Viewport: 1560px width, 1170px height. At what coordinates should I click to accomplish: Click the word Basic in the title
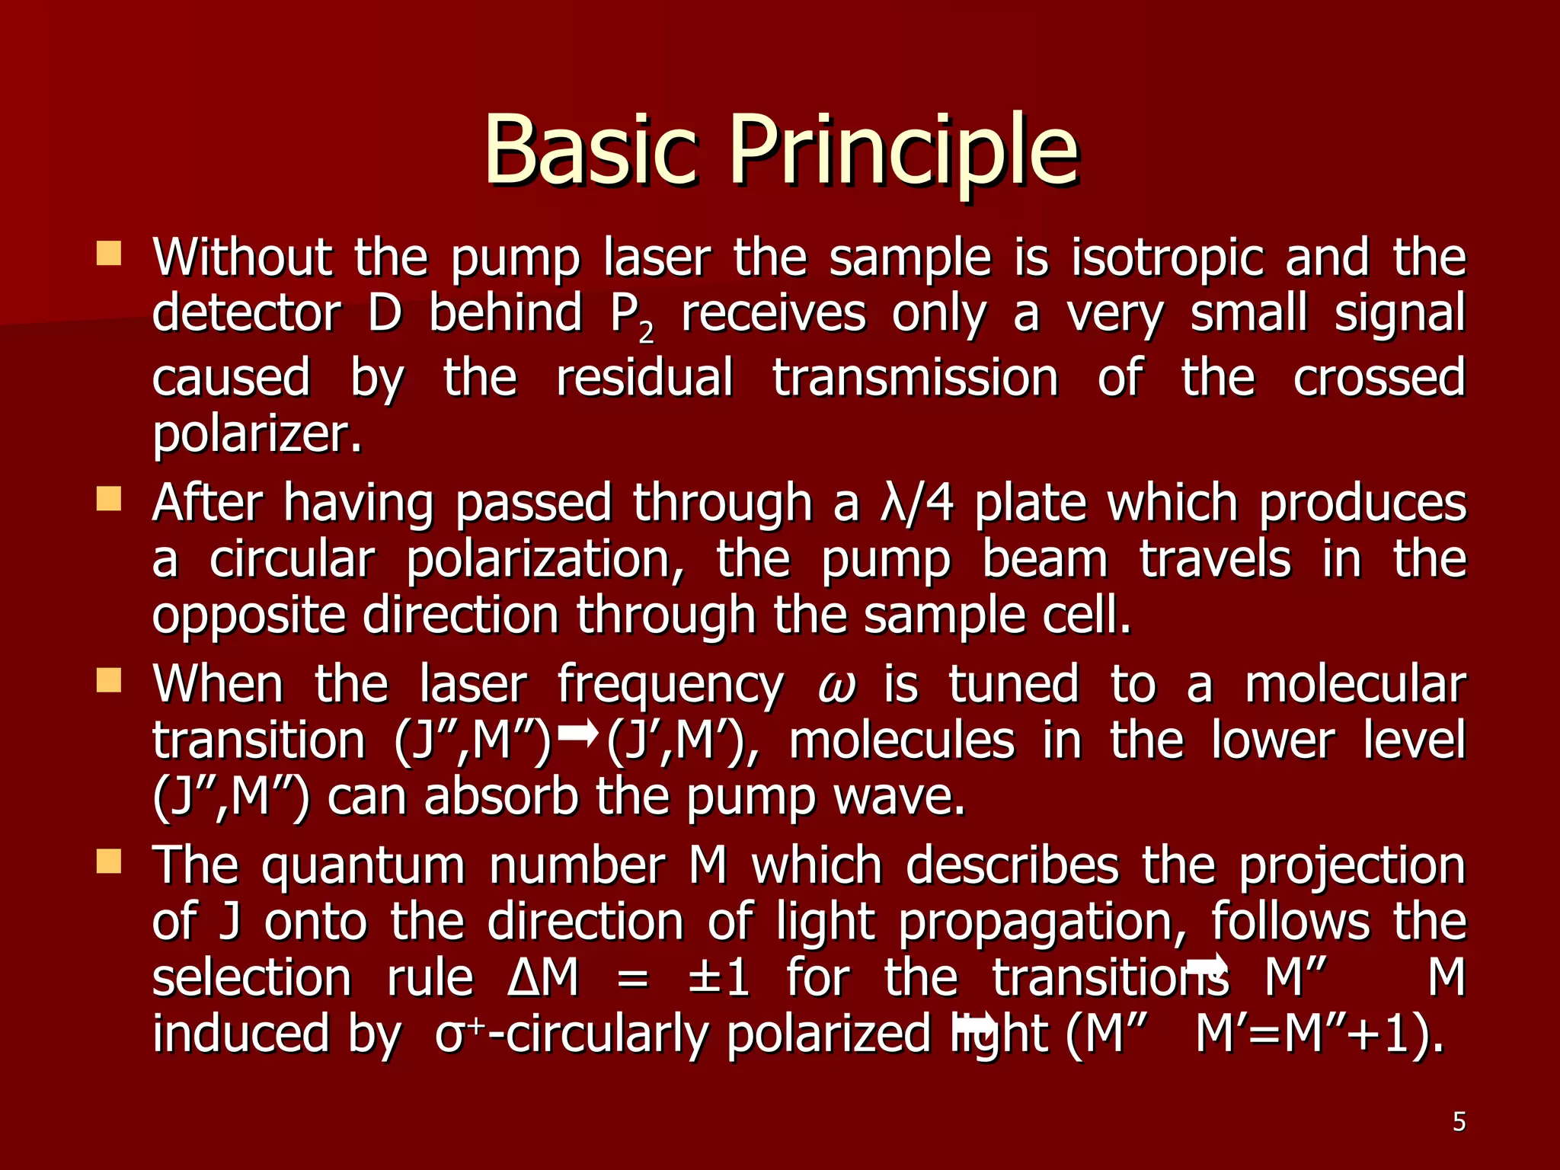pyautogui.click(x=590, y=150)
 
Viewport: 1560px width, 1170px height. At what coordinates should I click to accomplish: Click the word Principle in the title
pyautogui.click(x=904, y=150)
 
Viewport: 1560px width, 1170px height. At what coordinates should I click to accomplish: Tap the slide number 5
pyautogui.click(x=1459, y=1122)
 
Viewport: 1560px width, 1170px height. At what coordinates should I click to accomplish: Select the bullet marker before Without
pyautogui.click(x=109, y=254)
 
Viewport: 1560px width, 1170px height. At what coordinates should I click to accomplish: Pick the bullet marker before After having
pyautogui.click(x=109, y=500)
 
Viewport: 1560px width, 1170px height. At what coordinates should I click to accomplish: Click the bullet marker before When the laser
pyautogui.click(x=109, y=680)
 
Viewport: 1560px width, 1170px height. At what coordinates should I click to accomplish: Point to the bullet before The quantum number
pyautogui.click(x=109, y=862)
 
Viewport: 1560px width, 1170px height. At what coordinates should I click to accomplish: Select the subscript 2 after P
pyautogui.click(x=646, y=332)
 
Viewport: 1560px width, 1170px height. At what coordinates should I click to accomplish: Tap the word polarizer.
pyautogui.click(x=257, y=434)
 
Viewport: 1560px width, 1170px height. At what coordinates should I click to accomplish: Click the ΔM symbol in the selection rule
pyautogui.click(x=543, y=978)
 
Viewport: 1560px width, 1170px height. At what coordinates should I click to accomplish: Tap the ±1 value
pyautogui.click(x=718, y=978)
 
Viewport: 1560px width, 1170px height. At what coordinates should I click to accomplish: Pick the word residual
pyautogui.click(x=644, y=378)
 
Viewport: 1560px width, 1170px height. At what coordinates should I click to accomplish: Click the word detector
pyautogui.click(x=245, y=313)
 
